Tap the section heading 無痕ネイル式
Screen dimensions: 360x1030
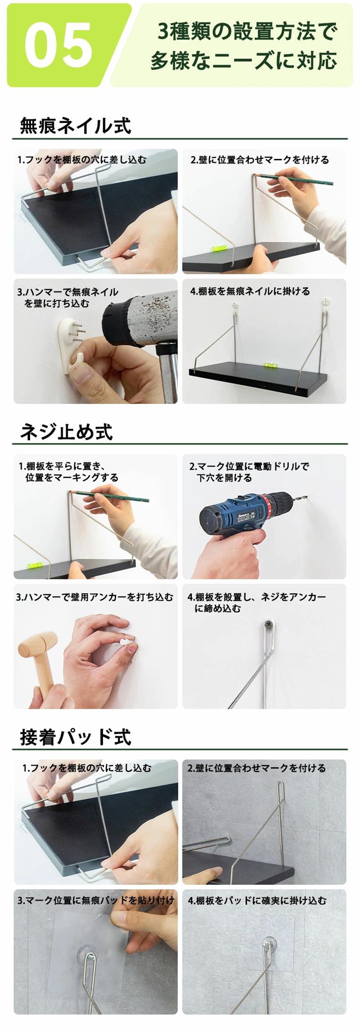coord(76,125)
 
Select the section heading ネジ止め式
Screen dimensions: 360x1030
coord(66,431)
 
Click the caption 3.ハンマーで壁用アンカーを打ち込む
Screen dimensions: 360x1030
coord(94,597)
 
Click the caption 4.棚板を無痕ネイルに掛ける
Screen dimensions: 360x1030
coord(250,291)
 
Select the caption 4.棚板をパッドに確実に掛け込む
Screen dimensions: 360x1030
coord(257,900)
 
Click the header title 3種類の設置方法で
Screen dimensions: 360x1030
coord(247,31)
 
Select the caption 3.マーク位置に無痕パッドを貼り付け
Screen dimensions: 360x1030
coord(95,900)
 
